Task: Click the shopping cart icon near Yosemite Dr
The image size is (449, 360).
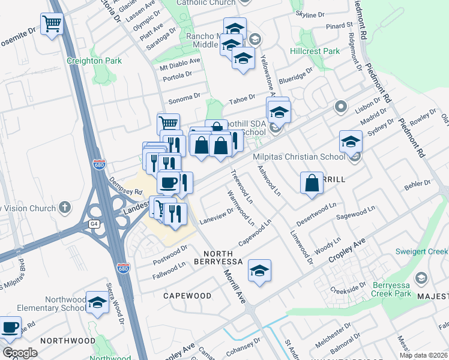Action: [52, 25]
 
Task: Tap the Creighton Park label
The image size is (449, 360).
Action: [103, 61]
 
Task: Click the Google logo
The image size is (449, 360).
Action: [20, 352]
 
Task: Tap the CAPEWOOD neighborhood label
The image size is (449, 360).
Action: [187, 296]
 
